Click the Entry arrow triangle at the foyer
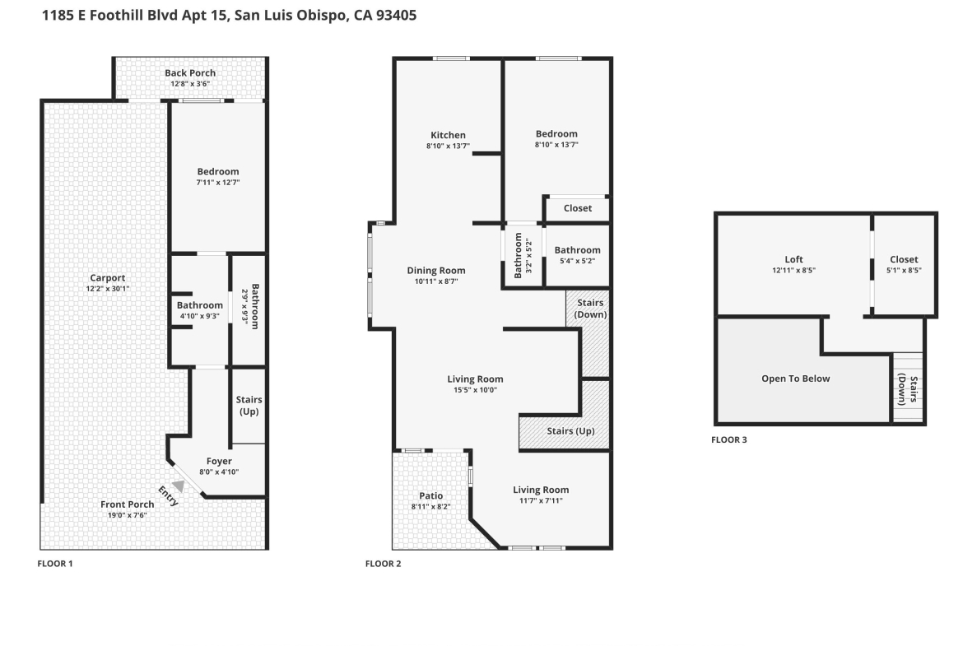point(179,486)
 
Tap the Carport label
point(108,277)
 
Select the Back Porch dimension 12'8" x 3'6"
point(190,83)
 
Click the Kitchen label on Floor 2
point(448,135)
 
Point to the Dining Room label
point(436,270)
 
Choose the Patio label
point(431,495)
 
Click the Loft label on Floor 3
point(793,259)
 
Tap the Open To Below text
point(795,379)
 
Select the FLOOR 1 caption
point(55,563)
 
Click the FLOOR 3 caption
point(729,439)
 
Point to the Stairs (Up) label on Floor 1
point(249,405)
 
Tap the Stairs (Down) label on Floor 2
point(590,309)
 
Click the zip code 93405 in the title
point(396,16)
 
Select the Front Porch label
point(127,504)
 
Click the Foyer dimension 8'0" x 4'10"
point(219,472)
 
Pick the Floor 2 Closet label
point(577,208)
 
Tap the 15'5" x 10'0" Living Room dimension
point(476,390)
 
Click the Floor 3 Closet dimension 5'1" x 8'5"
point(904,270)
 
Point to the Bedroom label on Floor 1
point(218,171)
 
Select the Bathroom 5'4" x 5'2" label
point(577,250)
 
